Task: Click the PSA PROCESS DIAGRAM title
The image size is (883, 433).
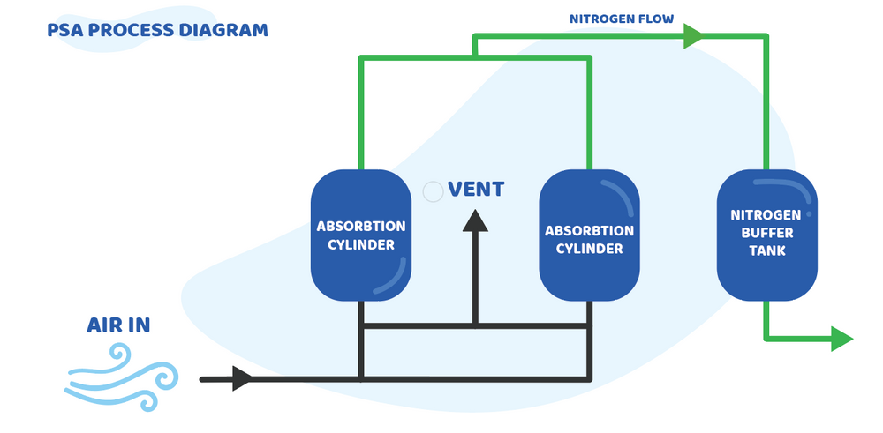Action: [158, 30]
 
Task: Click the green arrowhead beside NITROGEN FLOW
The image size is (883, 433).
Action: [693, 36]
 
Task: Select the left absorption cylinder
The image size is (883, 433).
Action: [361, 234]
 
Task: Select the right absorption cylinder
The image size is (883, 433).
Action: [589, 234]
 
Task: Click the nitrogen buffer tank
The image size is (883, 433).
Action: [765, 234]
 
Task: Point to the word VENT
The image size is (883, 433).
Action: [476, 189]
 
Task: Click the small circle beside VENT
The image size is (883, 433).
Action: [433, 191]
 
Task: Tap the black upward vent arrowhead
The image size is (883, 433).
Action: [476, 219]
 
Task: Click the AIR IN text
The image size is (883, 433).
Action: [118, 325]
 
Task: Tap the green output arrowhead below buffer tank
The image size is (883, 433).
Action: [841, 339]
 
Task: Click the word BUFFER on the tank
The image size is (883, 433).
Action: [766, 233]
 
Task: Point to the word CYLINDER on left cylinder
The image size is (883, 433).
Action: [361, 244]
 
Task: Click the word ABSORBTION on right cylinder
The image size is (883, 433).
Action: [589, 231]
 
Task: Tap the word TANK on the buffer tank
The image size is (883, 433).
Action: [766, 250]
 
